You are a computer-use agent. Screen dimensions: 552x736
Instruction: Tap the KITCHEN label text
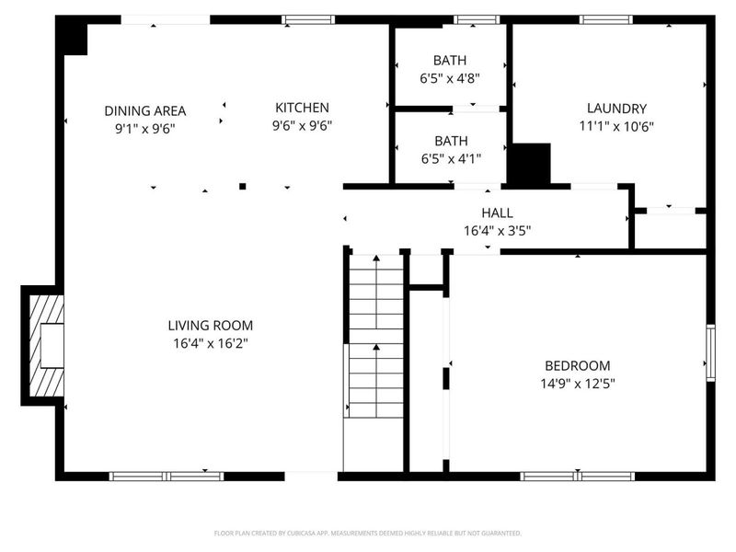(301, 108)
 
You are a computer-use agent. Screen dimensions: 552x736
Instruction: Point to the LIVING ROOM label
(210, 325)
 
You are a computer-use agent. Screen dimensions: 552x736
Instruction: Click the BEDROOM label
(577, 365)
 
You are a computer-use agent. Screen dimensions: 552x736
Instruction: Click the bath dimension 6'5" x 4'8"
(450, 78)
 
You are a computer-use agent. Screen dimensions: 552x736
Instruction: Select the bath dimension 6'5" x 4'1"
(450, 158)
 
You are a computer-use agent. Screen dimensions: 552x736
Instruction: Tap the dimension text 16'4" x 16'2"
(210, 343)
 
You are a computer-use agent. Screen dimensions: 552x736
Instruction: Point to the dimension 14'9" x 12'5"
(577, 384)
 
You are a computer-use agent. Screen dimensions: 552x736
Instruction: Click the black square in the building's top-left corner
(72, 38)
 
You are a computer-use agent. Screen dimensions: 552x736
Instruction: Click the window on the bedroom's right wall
(710, 351)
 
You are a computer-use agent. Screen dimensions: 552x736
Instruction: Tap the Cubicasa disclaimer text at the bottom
(368, 533)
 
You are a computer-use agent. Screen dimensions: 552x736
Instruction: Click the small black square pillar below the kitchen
(243, 186)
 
